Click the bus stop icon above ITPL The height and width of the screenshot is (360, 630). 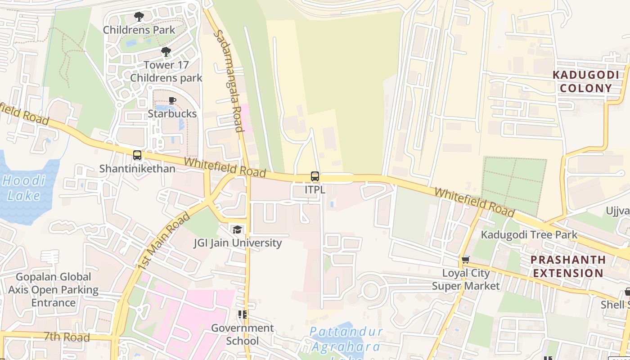point(315,176)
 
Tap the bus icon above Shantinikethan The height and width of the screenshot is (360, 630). point(137,155)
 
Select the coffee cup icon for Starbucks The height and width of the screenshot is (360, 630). point(172,100)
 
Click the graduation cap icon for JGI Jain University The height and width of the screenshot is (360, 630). point(237,230)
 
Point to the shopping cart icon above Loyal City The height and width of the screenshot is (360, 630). point(465,260)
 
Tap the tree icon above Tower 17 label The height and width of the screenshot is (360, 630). point(166,52)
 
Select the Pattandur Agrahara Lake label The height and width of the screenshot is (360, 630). point(346,340)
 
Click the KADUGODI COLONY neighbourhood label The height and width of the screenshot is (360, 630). point(585,81)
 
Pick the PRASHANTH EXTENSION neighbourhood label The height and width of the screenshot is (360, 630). point(567,266)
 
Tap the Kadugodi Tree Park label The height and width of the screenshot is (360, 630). point(529,234)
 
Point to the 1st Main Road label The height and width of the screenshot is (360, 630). point(164,241)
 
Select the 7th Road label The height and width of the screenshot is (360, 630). point(67,337)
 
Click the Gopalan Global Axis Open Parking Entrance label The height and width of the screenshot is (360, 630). point(53,290)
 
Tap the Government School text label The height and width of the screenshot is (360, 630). point(242,334)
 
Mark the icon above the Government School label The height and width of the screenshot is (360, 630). point(243,315)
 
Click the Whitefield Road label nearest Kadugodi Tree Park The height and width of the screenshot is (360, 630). point(474,202)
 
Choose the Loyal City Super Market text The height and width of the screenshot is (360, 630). point(466,279)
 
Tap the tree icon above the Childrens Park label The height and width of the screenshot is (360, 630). point(139,17)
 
